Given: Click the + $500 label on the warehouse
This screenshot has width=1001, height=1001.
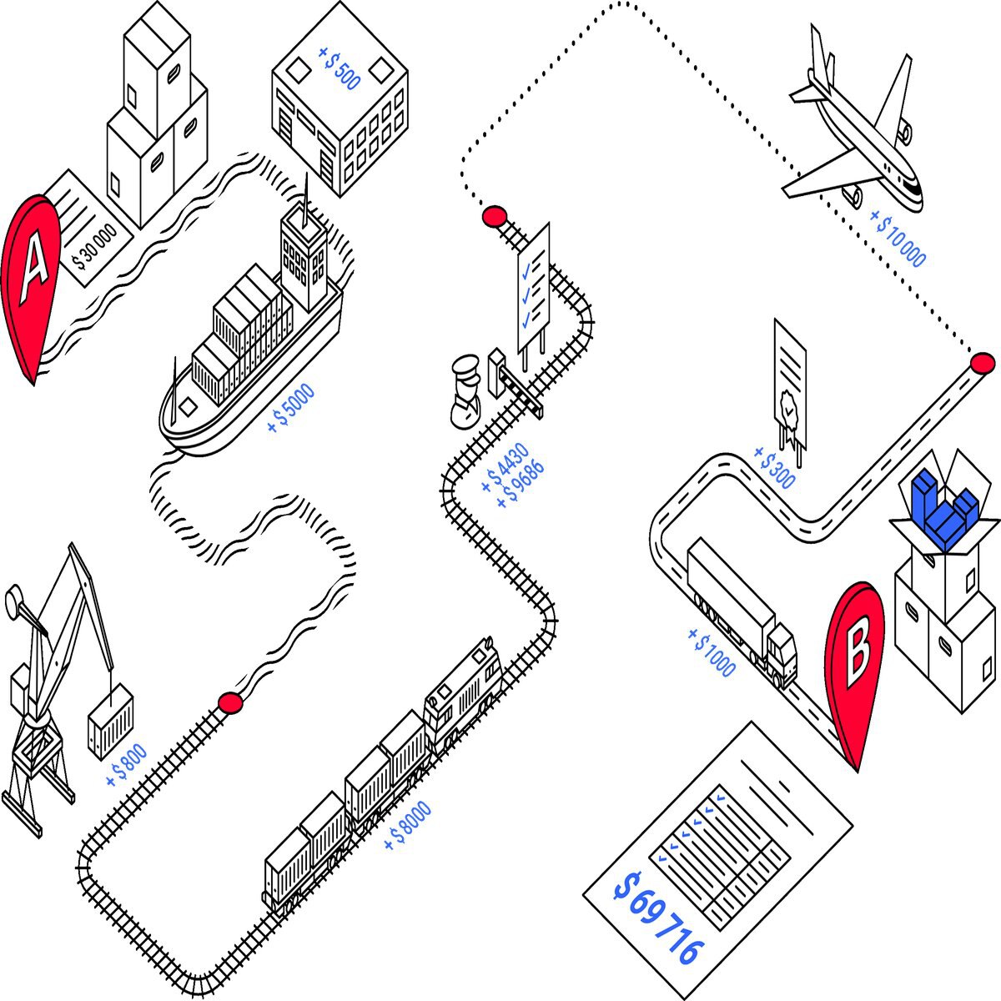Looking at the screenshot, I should coord(340,68).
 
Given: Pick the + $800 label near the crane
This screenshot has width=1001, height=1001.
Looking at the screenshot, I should coord(127,766).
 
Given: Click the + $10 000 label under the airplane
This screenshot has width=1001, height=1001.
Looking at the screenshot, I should coord(898,238).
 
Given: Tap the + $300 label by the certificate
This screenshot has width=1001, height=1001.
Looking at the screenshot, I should coord(774,467).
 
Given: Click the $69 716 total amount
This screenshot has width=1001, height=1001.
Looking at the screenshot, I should coord(659,918).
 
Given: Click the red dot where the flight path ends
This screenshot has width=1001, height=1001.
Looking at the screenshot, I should coord(982,363).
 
